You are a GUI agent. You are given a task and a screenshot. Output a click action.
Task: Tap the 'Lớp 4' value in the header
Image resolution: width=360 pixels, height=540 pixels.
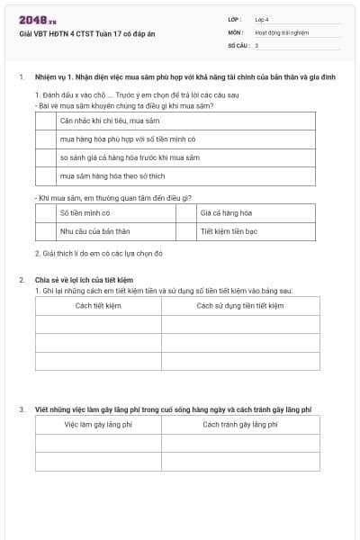click(262, 19)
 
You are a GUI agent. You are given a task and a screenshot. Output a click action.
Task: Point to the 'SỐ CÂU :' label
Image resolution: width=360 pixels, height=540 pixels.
click(238, 44)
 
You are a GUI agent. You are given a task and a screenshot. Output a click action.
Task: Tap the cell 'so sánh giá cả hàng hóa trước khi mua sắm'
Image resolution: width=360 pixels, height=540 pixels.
click(129, 157)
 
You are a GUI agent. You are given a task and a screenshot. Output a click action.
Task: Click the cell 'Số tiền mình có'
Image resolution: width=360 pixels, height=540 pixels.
click(85, 213)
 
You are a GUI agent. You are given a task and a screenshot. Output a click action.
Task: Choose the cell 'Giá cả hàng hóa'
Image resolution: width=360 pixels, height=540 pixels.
click(226, 213)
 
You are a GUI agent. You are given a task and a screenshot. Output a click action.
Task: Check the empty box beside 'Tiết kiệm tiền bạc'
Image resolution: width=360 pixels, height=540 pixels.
click(186, 231)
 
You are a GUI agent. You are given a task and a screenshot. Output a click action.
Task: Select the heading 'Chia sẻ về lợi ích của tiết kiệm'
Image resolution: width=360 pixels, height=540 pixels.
click(84, 280)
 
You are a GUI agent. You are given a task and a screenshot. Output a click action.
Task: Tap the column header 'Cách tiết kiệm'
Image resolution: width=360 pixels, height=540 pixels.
click(98, 305)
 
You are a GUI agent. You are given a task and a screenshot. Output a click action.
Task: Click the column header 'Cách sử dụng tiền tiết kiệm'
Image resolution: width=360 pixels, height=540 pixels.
click(240, 305)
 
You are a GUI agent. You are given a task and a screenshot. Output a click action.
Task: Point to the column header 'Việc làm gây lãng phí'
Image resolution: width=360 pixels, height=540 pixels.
click(98, 424)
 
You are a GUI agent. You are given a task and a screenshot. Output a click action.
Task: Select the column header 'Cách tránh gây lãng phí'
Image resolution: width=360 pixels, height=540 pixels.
click(240, 424)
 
